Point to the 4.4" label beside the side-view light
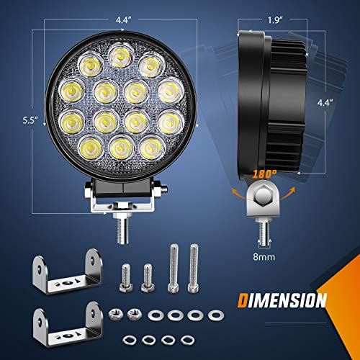tap(328, 102)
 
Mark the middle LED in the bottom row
tap(118, 148)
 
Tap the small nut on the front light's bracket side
tap(164, 190)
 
